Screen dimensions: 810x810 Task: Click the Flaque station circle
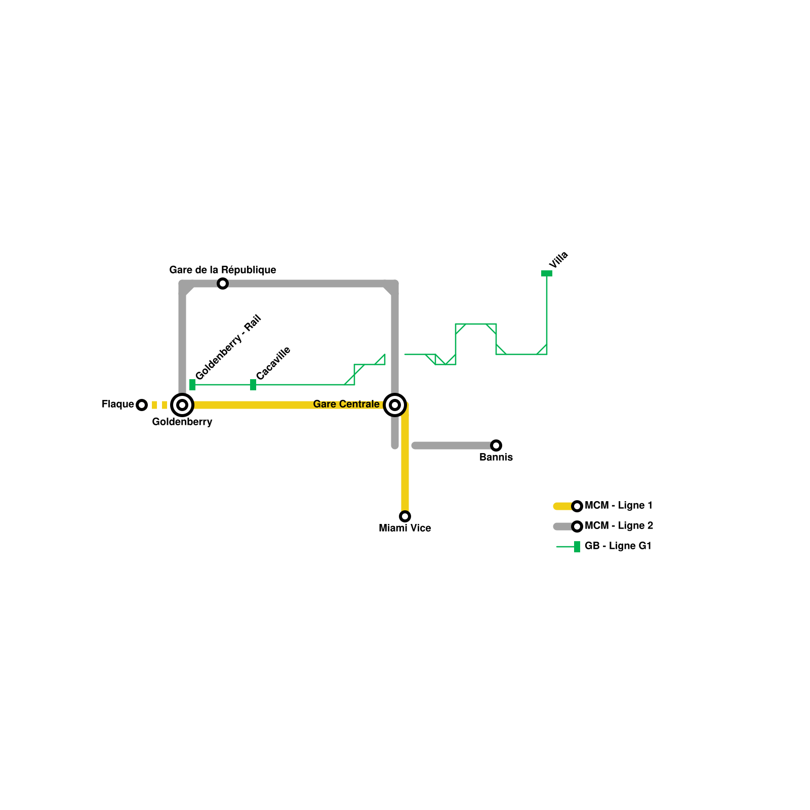point(142,404)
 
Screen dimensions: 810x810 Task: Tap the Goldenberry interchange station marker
point(182,404)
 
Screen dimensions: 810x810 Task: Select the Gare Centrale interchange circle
point(395,404)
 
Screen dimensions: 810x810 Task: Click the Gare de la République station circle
point(223,283)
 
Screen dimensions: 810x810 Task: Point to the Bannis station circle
point(496,445)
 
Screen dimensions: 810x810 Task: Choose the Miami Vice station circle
point(405,516)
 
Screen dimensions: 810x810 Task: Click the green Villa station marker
point(547,273)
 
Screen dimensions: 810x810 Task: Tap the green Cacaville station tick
point(253,385)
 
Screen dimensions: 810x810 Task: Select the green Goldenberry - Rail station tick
point(192,385)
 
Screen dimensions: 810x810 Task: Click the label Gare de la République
point(223,270)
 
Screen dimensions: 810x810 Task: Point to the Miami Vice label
point(405,528)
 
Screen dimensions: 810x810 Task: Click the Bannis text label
point(496,457)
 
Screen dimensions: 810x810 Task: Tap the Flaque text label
point(117,404)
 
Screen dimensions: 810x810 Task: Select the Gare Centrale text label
point(346,404)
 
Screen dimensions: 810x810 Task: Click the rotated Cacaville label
point(273,363)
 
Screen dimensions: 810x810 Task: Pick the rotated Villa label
point(558,260)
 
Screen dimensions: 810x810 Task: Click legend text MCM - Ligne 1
point(618,505)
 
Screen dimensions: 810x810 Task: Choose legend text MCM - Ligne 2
point(619,525)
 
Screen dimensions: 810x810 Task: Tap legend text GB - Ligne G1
point(618,546)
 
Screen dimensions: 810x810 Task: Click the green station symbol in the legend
point(577,547)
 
